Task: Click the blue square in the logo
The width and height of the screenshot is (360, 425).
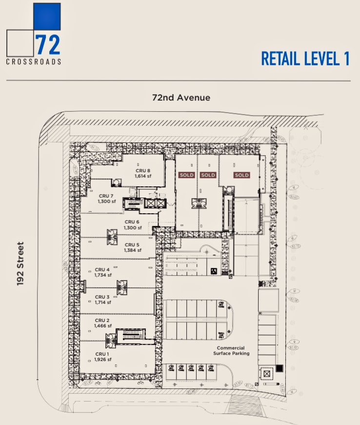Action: point(47,17)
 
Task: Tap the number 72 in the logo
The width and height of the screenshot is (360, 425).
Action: point(48,44)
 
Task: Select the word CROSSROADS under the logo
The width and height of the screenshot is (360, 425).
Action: point(34,61)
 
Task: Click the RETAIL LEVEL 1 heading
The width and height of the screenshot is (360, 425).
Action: point(305,59)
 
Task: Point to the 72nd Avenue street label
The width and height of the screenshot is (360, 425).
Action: point(181,98)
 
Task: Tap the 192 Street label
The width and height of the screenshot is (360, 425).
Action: point(20,263)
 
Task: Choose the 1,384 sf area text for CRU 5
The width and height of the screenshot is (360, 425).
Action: point(132,250)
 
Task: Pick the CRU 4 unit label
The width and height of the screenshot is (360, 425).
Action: point(102,269)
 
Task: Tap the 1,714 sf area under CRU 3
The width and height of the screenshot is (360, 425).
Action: point(102,302)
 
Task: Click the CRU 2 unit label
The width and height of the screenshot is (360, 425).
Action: point(102,320)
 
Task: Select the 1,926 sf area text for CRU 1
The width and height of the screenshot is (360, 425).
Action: point(102,360)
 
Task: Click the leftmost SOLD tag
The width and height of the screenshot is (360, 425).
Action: point(186,175)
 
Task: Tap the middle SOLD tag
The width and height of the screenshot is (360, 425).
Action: point(208,175)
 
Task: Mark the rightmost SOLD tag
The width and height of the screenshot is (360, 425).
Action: point(241,175)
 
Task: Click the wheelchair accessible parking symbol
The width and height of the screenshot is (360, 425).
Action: point(214,271)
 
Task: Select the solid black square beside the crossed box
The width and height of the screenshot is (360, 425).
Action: point(279,368)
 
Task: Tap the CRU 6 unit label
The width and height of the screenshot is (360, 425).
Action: point(132,222)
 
